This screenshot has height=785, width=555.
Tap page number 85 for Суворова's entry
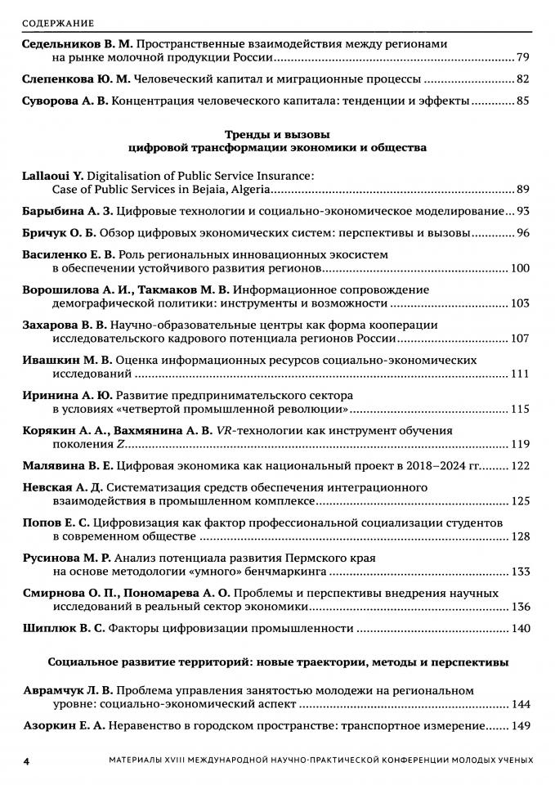(x=523, y=101)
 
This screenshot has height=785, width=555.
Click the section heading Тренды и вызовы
(x=278, y=133)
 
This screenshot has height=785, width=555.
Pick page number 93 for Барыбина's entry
(x=523, y=211)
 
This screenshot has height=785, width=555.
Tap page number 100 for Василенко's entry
(x=520, y=268)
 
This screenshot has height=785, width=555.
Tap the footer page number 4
(x=27, y=760)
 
